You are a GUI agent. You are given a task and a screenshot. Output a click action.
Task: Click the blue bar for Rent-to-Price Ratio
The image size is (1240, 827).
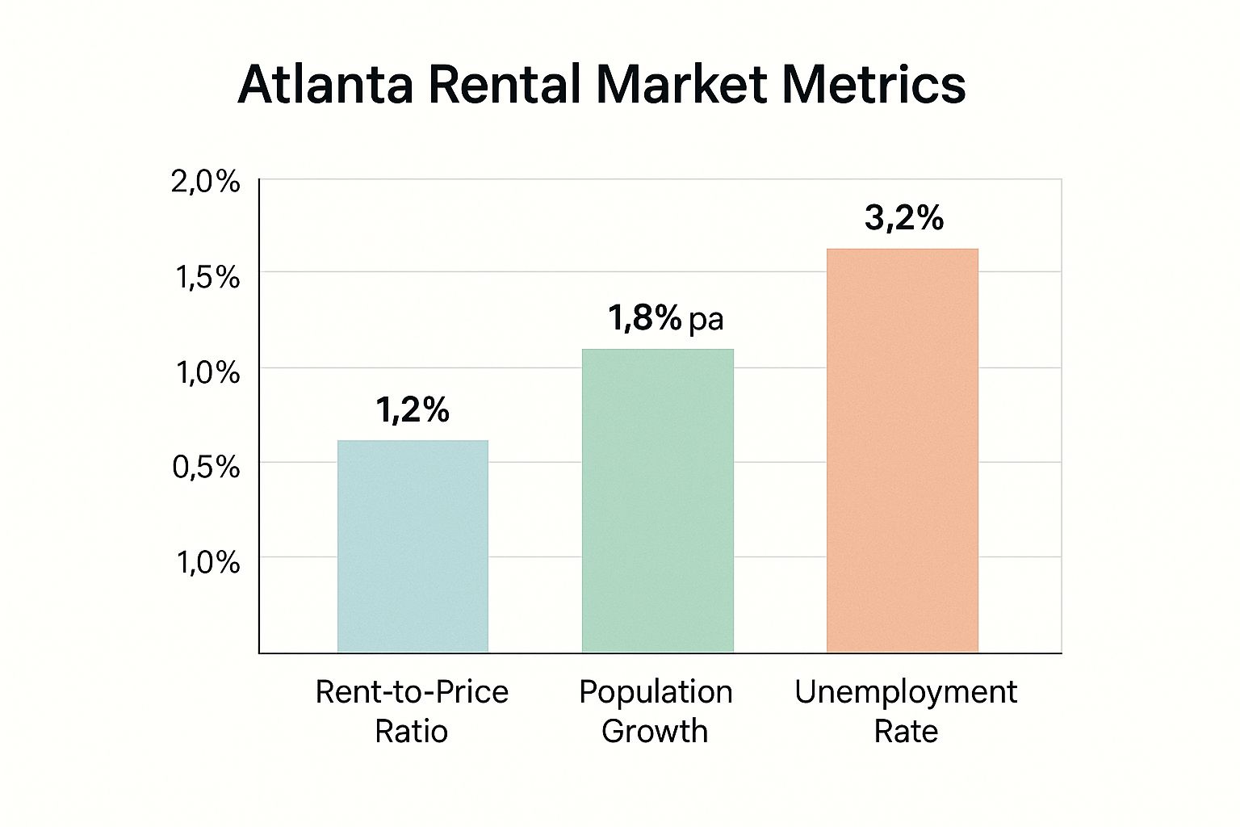tap(413, 546)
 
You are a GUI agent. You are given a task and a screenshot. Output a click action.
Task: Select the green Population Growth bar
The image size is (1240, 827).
tap(657, 501)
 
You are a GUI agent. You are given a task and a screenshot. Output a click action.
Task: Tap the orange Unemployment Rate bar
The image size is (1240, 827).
tap(902, 451)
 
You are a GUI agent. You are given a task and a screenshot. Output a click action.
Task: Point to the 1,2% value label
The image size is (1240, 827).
tap(413, 410)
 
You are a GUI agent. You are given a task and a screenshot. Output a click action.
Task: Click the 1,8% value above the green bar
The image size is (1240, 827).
tap(644, 318)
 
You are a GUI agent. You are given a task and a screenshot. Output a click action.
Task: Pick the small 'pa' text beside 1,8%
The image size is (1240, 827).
tap(706, 320)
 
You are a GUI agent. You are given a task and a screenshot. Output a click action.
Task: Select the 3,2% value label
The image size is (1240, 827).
tap(903, 218)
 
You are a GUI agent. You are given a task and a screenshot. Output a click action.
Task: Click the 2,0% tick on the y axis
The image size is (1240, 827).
tap(206, 183)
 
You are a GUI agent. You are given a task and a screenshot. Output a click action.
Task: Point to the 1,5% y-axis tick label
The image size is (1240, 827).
tap(207, 277)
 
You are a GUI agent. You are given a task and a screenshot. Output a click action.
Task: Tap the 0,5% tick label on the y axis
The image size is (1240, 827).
tap(206, 467)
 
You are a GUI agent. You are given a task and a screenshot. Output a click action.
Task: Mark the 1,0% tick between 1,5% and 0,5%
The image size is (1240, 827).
tap(207, 372)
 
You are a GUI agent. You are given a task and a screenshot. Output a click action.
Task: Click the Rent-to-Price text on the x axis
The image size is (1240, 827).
tap(412, 692)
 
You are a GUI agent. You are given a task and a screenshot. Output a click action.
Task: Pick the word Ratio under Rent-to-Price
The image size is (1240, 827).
tap(411, 731)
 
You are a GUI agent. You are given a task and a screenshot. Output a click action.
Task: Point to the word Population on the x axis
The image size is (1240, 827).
tap(656, 692)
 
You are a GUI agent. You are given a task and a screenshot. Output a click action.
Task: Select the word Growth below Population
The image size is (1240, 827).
tap(655, 731)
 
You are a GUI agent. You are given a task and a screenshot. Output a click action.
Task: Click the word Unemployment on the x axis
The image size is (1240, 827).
tap(906, 692)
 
